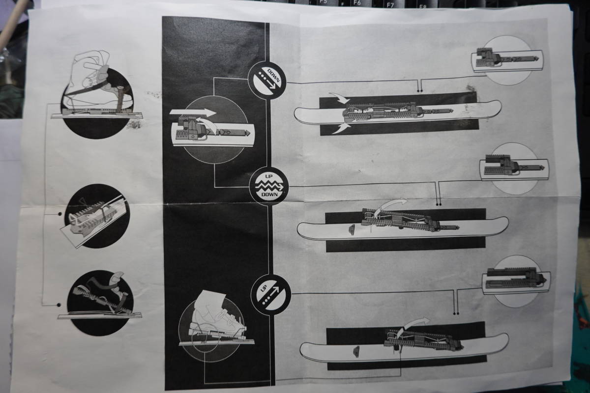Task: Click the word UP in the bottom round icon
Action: tap(264, 289)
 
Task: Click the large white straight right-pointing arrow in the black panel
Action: tap(193, 112)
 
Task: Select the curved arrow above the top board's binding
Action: tap(340, 98)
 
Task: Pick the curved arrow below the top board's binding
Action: tap(341, 128)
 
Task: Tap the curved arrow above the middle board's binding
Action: tap(390, 207)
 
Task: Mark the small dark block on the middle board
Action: tap(352, 229)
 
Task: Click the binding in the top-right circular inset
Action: tap(506, 60)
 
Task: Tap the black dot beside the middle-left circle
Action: tap(60, 214)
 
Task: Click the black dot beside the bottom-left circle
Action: tap(59, 305)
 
